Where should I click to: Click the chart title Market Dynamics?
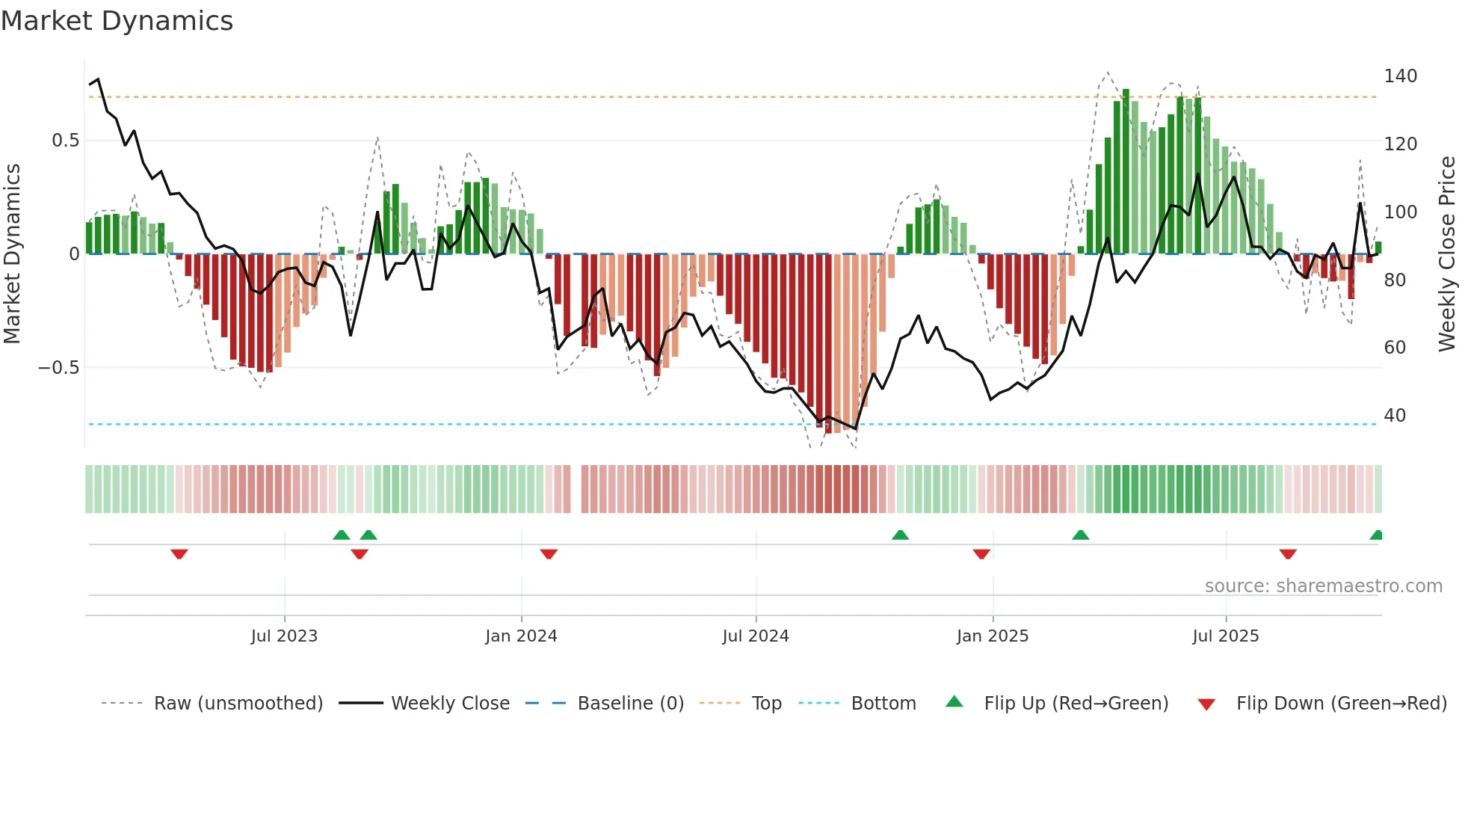(x=117, y=21)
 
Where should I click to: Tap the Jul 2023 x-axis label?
(x=284, y=636)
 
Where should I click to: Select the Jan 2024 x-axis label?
(x=521, y=636)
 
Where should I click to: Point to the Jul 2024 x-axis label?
(x=756, y=636)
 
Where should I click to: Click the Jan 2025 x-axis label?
(x=993, y=636)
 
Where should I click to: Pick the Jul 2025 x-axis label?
(x=1226, y=636)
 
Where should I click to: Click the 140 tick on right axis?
(x=1400, y=76)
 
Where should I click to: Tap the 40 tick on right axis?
(x=1395, y=416)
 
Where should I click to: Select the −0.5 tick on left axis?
(x=58, y=368)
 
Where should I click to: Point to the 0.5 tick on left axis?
(x=65, y=141)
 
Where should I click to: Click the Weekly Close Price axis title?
(x=1447, y=254)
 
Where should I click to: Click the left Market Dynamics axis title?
(x=12, y=254)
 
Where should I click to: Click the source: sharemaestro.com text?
(x=1323, y=586)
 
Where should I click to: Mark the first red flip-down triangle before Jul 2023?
(x=179, y=554)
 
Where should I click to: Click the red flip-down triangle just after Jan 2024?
(x=549, y=554)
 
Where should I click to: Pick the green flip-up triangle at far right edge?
(x=1377, y=535)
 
